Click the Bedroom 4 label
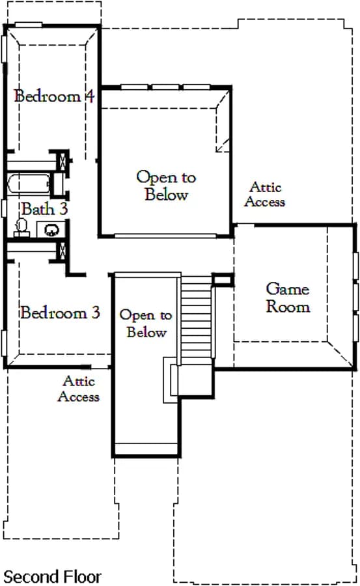[x=54, y=96]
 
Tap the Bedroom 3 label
[x=60, y=313]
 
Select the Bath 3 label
[x=44, y=209]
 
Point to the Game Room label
[x=288, y=298]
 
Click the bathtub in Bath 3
[x=29, y=184]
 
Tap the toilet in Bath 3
[x=21, y=228]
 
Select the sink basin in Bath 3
[x=51, y=229]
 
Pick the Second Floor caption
[x=52, y=577]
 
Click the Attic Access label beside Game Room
[x=265, y=194]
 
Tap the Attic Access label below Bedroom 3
[x=79, y=389]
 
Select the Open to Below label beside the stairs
[x=146, y=324]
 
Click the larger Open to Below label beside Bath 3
[x=166, y=186]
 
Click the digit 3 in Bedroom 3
[x=96, y=313]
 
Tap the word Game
[x=288, y=289]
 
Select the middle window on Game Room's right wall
[x=356, y=298]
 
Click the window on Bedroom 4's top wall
[x=29, y=25]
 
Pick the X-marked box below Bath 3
[x=62, y=251]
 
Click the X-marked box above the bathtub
[x=62, y=161]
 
